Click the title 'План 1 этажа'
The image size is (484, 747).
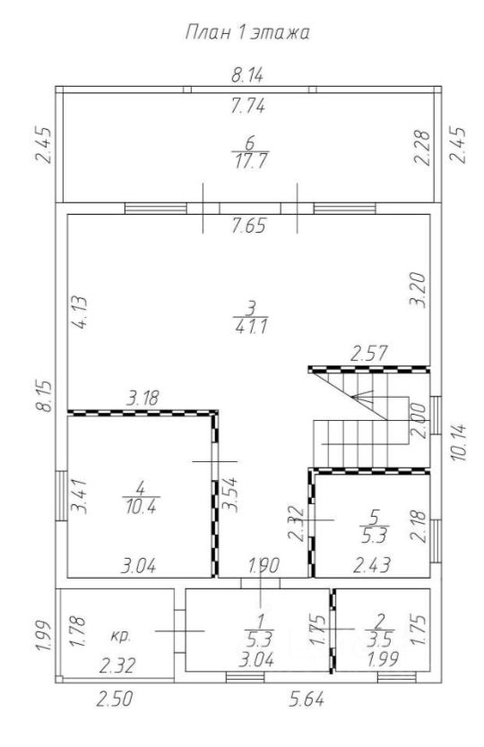[x=247, y=33]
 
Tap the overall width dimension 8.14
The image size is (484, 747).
[x=247, y=75]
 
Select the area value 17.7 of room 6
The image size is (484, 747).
[x=250, y=161]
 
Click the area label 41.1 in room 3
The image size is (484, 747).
[x=251, y=327]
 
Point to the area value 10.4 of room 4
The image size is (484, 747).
[x=141, y=506]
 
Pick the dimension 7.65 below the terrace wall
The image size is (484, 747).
[x=248, y=226]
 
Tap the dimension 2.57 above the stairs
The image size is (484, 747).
[x=368, y=354]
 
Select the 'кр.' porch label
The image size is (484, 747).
[x=120, y=636]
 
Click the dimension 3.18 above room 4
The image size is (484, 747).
[x=143, y=398]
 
